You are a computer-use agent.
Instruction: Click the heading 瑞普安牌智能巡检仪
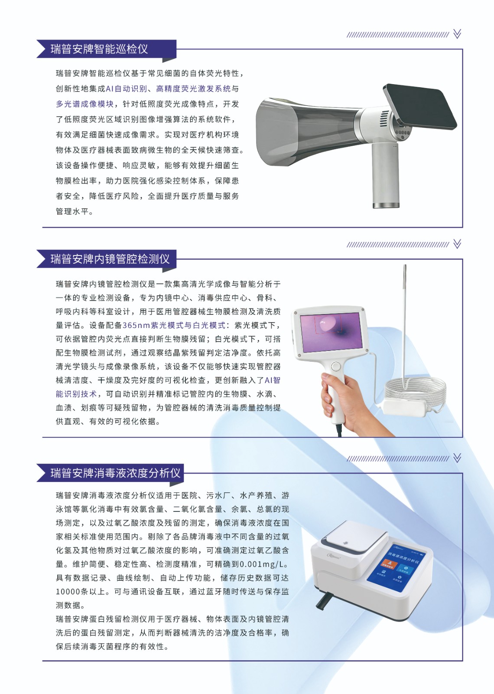(99, 49)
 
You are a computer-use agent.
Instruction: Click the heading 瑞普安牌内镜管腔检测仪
(110, 259)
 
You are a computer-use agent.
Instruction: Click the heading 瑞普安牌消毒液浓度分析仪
(115, 473)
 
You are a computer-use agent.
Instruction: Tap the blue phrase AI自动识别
(126, 88)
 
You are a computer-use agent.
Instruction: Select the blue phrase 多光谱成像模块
(85, 104)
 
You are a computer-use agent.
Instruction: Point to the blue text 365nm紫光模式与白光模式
(174, 325)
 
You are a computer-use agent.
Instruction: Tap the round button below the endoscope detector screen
(336, 367)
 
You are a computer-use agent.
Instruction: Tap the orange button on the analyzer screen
(388, 564)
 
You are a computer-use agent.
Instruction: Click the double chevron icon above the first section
(457, 34)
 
